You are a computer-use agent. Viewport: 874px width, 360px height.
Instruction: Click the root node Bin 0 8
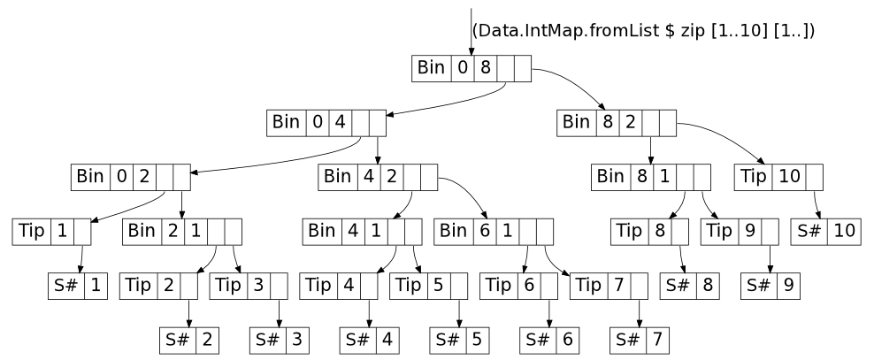pos(471,69)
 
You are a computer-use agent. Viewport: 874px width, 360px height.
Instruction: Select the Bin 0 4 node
pos(327,122)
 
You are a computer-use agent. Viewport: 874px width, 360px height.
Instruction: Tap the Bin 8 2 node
pos(617,122)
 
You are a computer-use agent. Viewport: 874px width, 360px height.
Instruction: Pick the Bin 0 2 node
pos(132,176)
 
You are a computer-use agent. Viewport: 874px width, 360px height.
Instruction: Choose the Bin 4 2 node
pos(379,176)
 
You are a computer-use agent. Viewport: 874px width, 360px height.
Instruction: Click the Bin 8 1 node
pos(652,176)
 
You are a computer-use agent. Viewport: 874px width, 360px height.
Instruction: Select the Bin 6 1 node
pos(494,231)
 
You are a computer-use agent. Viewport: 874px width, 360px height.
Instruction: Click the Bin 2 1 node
pos(183,231)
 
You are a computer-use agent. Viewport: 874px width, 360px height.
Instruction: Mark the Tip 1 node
pos(53,231)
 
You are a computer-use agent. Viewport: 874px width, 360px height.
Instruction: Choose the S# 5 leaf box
pos(459,339)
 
